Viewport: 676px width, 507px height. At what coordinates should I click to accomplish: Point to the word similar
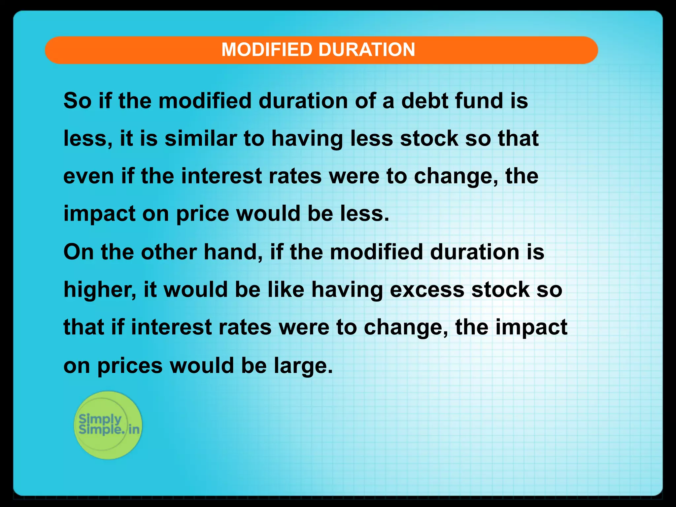[200, 138]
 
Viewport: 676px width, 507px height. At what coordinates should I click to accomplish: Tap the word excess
[427, 290]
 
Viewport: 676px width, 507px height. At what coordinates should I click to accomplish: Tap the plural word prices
[130, 366]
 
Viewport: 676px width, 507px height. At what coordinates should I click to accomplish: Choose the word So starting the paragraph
[77, 101]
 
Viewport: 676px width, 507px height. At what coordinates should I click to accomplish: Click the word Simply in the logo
[100, 419]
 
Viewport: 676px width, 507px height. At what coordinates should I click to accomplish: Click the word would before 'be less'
[268, 214]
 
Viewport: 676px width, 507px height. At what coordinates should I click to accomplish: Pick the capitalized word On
[79, 252]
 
